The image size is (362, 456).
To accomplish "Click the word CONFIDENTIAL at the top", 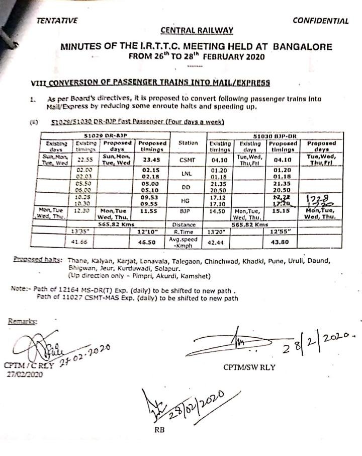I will [x=320, y=21].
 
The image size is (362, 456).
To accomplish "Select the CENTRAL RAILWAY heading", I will [x=197, y=31].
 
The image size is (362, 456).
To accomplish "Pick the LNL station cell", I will [x=187, y=174].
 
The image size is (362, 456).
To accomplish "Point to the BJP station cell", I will [x=187, y=213].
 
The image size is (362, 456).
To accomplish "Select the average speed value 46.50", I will [x=153, y=243].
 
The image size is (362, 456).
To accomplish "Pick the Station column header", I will [x=188, y=143].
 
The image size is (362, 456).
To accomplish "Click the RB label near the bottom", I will [x=159, y=430].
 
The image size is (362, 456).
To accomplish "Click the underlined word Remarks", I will [x=22, y=320].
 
